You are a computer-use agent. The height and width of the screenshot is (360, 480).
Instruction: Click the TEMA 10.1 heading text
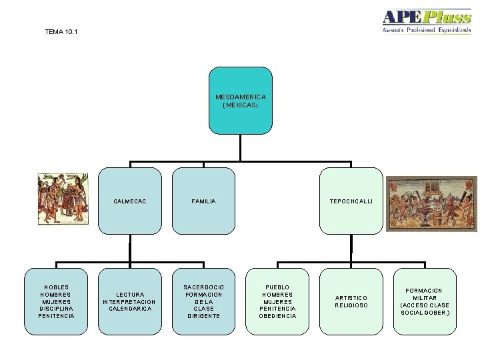click(61, 31)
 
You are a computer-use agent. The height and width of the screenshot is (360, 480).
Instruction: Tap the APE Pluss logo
click(426, 21)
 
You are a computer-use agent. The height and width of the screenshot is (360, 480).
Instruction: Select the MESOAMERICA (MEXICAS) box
click(240, 100)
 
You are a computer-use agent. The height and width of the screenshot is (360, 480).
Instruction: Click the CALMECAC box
click(130, 200)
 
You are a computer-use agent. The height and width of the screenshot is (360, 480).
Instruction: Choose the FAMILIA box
click(203, 200)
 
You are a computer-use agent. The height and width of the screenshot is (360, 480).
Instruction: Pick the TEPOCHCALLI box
click(351, 200)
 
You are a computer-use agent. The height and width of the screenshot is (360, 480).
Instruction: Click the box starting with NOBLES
click(57, 301)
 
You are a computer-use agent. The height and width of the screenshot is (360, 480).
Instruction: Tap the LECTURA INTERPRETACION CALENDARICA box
click(130, 301)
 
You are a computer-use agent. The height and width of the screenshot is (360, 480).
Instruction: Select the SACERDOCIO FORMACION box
click(203, 301)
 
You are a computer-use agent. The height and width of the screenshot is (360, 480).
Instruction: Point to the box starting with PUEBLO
click(277, 301)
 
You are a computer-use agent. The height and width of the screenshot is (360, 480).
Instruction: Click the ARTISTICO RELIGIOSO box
click(351, 301)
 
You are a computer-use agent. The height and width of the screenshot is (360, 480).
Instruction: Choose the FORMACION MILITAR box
click(425, 301)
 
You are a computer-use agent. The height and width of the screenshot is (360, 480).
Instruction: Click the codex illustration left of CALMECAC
click(63, 199)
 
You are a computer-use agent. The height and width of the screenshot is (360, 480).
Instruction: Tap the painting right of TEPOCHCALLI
click(431, 203)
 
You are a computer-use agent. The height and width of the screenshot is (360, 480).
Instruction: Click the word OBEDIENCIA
click(277, 316)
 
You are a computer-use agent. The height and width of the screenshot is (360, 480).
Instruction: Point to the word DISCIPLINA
click(57, 309)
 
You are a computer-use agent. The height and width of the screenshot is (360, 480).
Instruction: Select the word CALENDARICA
click(130, 309)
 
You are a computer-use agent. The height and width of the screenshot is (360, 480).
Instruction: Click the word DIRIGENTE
click(203, 316)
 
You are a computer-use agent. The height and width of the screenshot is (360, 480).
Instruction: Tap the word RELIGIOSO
click(351, 305)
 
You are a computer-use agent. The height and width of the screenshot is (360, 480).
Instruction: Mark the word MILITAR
click(425, 298)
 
